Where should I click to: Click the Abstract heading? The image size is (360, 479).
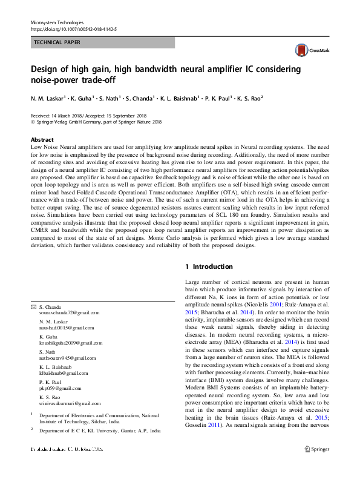(42, 139)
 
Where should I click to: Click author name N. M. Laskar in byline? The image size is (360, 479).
(48, 98)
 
